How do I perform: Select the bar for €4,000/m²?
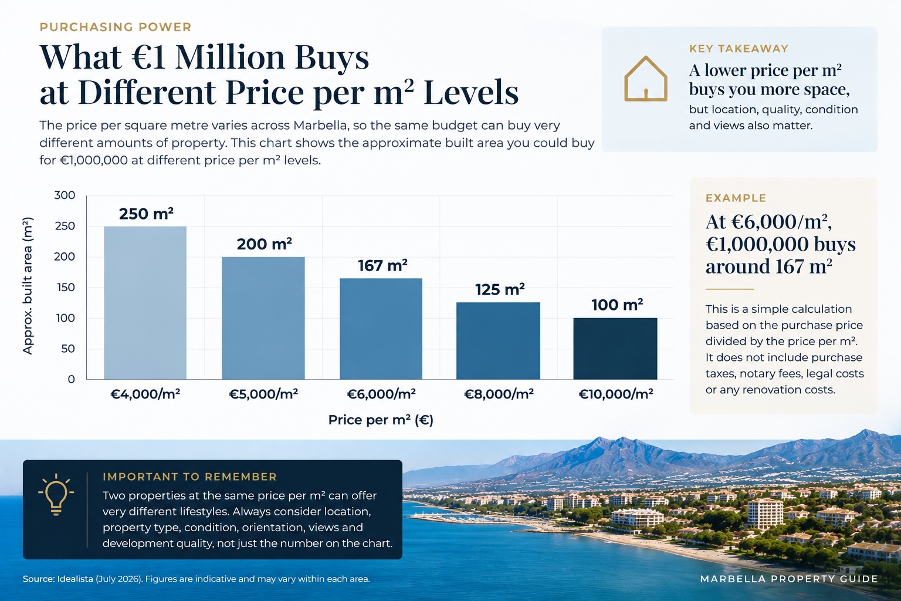pos(145,303)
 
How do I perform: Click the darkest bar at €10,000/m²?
pos(615,349)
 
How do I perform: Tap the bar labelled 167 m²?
pos(381,329)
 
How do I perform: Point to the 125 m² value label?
pos(500,289)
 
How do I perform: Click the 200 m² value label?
pos(265,244)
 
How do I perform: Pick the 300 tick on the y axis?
pos(65,195)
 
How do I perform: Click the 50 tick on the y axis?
pos(68,349)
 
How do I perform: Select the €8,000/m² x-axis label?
pos(499,394)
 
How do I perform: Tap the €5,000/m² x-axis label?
pos(263,394)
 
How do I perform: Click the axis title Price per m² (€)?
pos(381,420)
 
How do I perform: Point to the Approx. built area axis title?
pos(28,286)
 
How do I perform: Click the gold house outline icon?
pos(646,79)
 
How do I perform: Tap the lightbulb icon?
pos(56,494)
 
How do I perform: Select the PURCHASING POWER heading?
pos(116,27)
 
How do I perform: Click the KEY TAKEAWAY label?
pos(739,49)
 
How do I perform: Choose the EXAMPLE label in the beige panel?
pos(736,198)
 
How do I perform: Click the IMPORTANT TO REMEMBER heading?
pos(190,477)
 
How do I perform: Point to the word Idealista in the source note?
pos(75,579)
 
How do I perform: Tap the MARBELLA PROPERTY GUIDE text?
pos(789,579)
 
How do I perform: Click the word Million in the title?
pos(230,57)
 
